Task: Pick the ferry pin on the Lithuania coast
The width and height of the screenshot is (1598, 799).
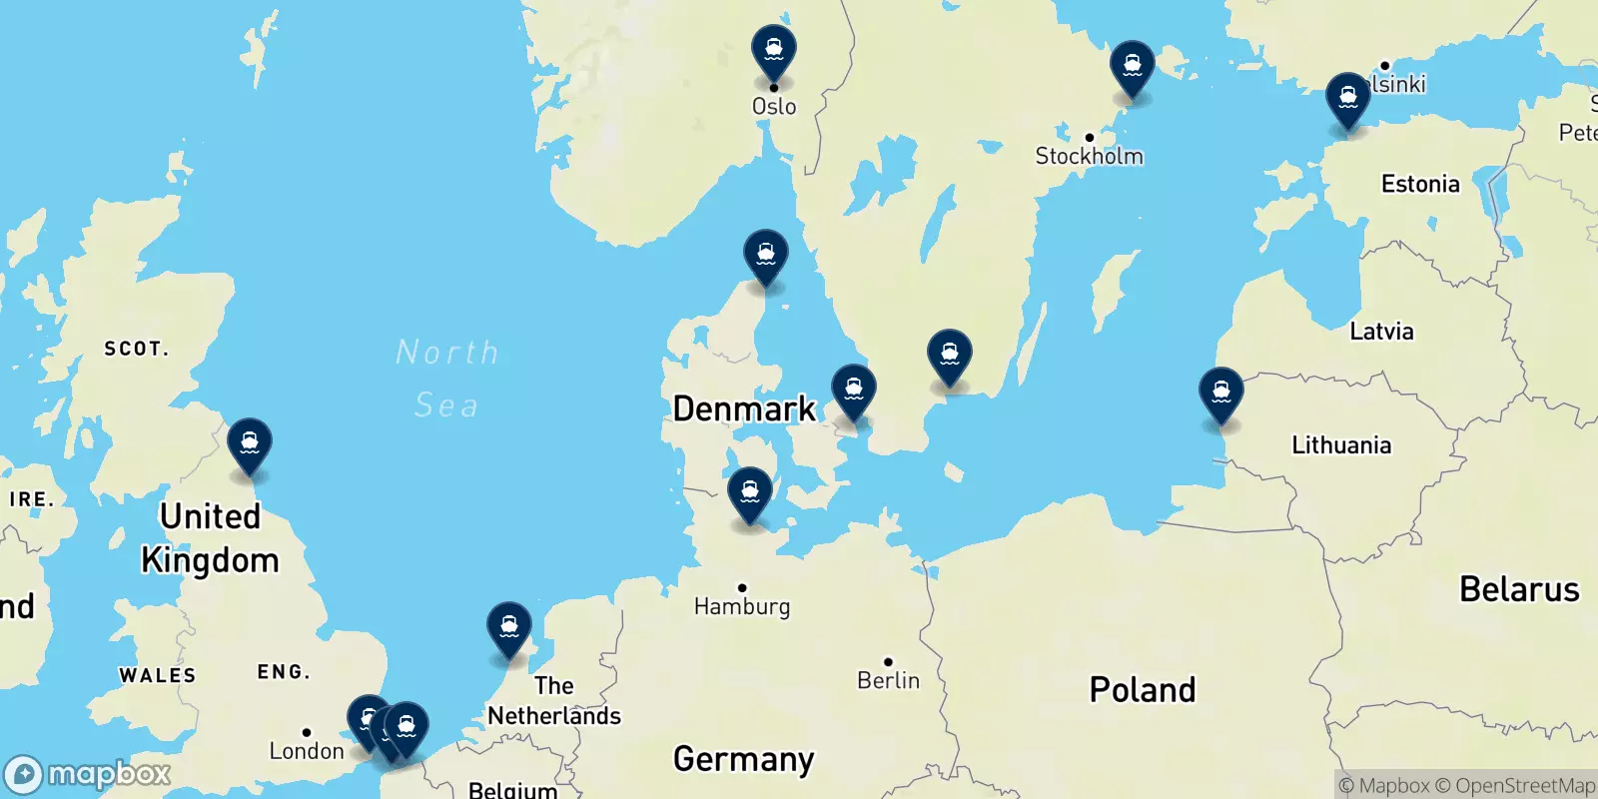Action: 1220,394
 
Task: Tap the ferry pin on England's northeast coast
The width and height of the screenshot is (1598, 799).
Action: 250,443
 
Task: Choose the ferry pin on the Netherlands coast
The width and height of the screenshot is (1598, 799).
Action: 509,627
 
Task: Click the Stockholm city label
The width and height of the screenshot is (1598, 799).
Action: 1089,156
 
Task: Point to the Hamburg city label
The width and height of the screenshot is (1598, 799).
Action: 742,606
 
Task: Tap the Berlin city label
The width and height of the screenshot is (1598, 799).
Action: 888,680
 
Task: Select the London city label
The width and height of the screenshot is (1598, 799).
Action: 307,751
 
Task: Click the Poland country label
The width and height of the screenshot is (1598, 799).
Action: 1143,689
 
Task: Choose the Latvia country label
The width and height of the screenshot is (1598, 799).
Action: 1381,332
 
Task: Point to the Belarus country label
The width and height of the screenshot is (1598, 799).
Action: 1519,589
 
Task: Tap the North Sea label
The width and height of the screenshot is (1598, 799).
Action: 446,379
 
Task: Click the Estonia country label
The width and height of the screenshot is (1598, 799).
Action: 1420,184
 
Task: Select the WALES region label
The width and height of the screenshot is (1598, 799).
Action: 158,675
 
